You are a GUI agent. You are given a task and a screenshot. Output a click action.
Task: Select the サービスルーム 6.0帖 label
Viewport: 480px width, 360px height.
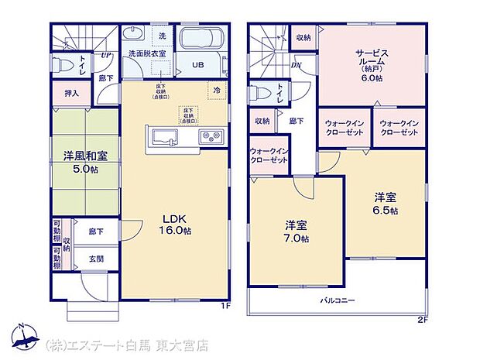pyautogui.click(x=374, y=66)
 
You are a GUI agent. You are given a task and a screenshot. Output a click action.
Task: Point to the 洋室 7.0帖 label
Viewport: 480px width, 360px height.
pyautogui.click(x=297, y=231)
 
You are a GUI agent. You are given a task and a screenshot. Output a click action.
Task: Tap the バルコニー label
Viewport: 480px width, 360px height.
pyautogui.click(x=338, y=298)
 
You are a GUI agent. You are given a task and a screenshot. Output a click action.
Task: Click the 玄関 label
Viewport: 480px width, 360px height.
pyautogui.click(x=96, y=259)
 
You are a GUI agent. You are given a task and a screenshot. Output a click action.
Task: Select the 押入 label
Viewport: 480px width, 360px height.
pyautogui.click(x=70, y=92)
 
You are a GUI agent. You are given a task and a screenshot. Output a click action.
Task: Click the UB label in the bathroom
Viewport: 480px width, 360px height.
pyautogui.click(x=199, y=65)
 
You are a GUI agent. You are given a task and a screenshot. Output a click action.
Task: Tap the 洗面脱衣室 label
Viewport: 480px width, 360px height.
pyautogui.click(x=147, y=53)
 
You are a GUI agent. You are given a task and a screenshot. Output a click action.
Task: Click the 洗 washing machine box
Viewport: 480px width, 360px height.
pyautogui.click(x=162, y=36)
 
